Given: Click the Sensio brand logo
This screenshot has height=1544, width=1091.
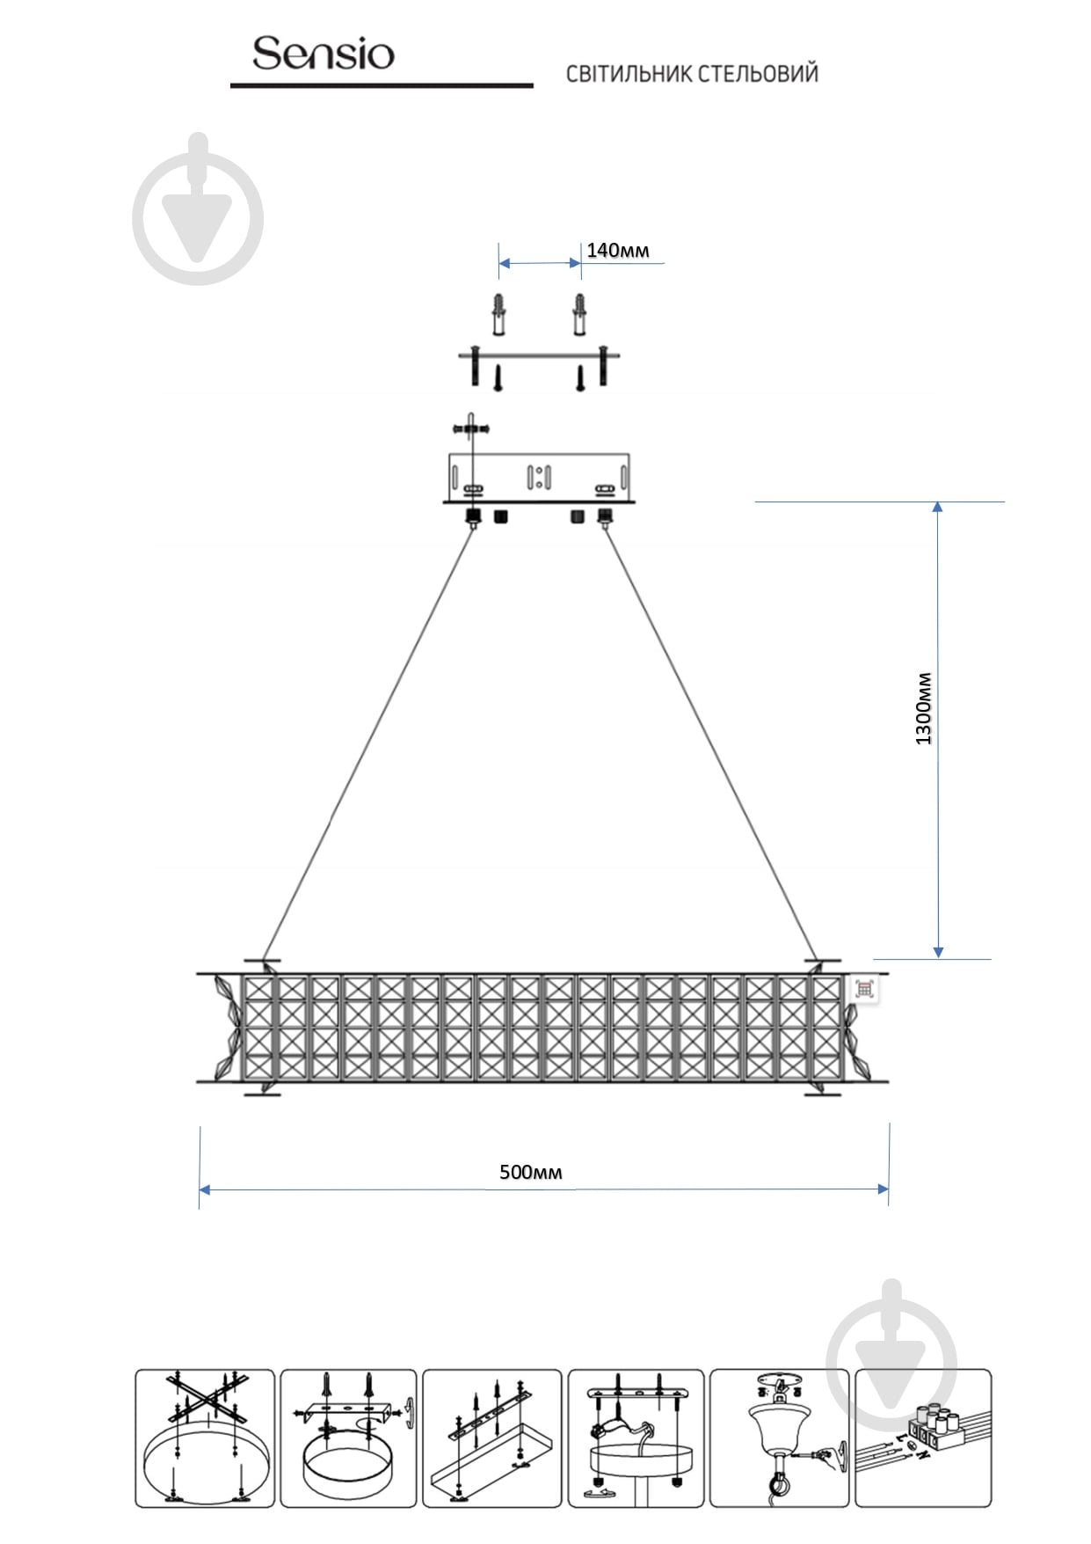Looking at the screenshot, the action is (x=323, y=54).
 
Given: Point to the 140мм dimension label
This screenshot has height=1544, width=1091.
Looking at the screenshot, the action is (x=618, y=251).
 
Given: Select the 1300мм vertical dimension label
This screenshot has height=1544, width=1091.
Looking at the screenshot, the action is (x=923, y=708).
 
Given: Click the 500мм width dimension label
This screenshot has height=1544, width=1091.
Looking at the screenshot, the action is (x=530, y=1172).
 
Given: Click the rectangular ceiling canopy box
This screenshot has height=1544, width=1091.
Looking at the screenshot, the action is (x=539, y=478).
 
